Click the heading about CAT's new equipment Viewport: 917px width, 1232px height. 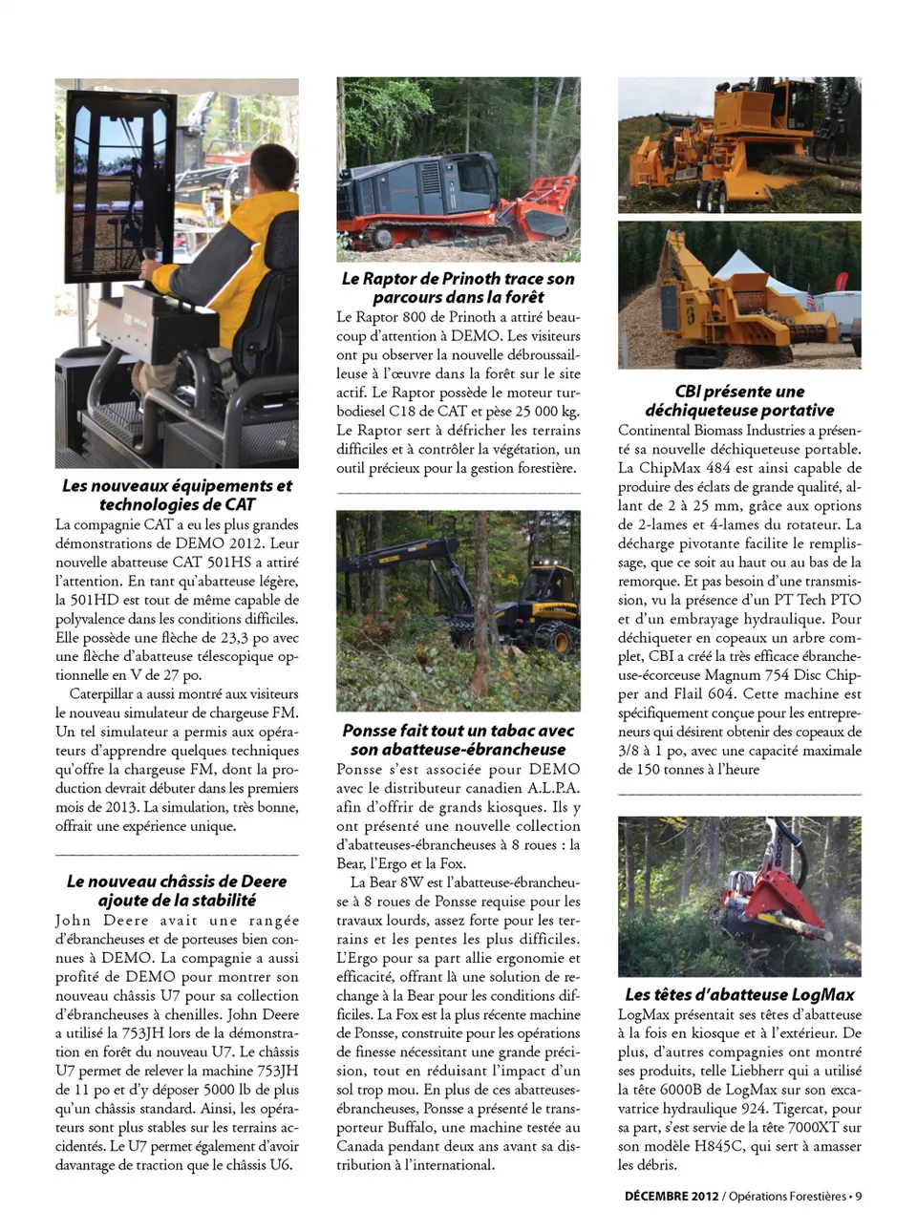click(177, 495)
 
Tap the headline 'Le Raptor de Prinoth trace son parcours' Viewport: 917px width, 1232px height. click(458, 287)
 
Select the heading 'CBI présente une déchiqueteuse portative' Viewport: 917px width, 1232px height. click(739, 400)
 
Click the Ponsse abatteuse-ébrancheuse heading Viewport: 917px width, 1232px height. click(458, 739)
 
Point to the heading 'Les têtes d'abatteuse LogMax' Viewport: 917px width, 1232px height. click(739, 994)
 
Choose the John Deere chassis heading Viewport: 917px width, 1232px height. click(177, 890)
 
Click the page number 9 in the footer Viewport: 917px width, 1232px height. click(858, 1196)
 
